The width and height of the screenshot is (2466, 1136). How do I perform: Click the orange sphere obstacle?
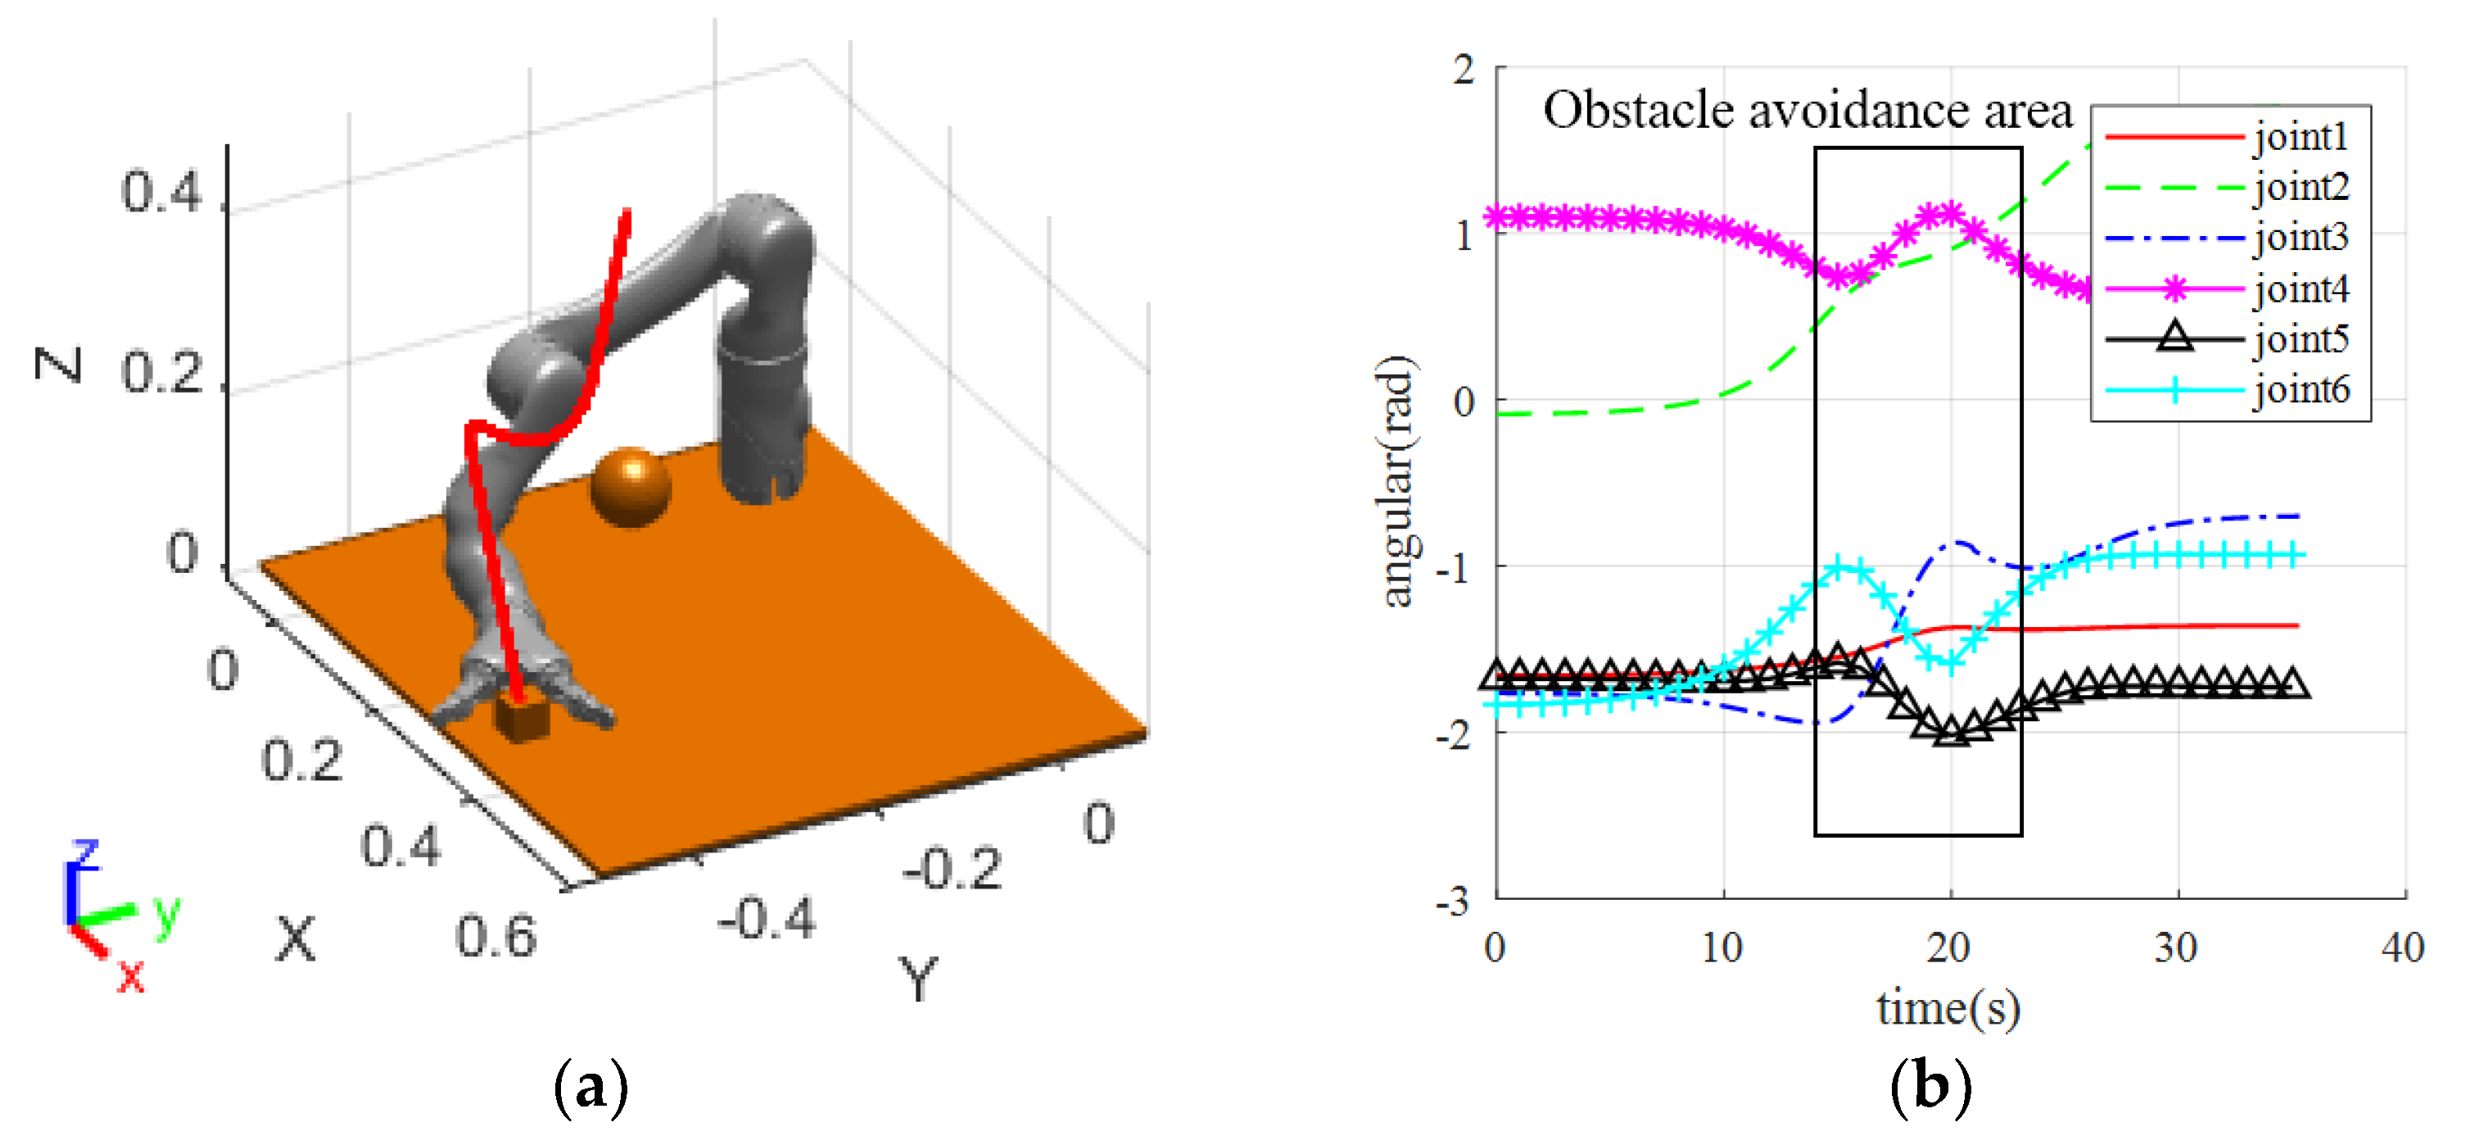(630, 487)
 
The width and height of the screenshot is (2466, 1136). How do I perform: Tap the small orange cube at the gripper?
(522, 718)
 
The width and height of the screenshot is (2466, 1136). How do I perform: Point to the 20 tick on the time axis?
(1949, 947)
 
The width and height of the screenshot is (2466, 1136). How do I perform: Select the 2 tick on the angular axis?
(1464, 69)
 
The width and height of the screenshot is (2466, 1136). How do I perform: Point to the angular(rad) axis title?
(1396, 481)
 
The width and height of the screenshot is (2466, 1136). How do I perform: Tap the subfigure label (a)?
(590, 1087)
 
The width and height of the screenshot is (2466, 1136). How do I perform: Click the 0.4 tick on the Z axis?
(161, 192)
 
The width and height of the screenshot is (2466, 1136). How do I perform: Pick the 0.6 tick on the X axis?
(495, 936)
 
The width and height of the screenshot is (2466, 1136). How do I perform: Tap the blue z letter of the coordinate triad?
(86, 852)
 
